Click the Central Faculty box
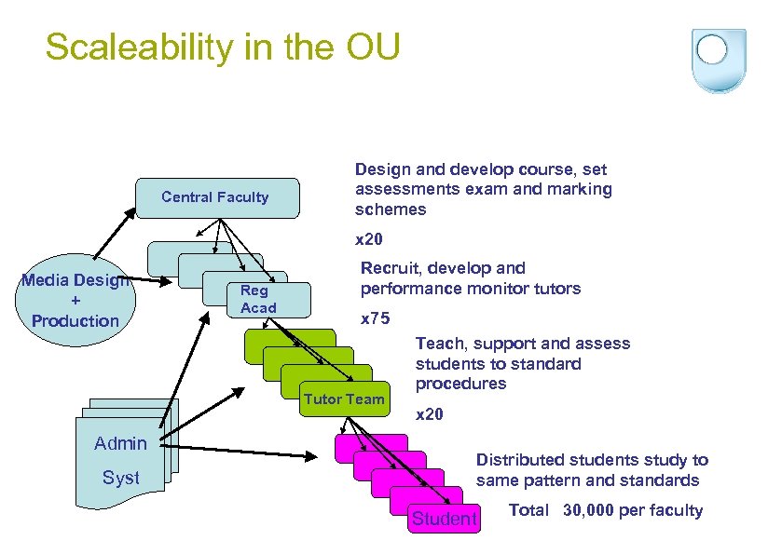tap(216, 197)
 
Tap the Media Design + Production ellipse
tap(75, 301)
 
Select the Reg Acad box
tap(258, 299)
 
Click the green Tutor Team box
tap(344, 399)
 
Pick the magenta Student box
tap(445, 519)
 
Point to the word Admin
tap(120, 443)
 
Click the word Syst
tap(120, 478)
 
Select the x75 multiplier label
tap(375, 318)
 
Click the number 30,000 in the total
tap(597, 510)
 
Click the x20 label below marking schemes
tap(369, 239)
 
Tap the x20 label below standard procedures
tap(429, 414)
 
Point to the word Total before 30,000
tap(528, 510)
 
